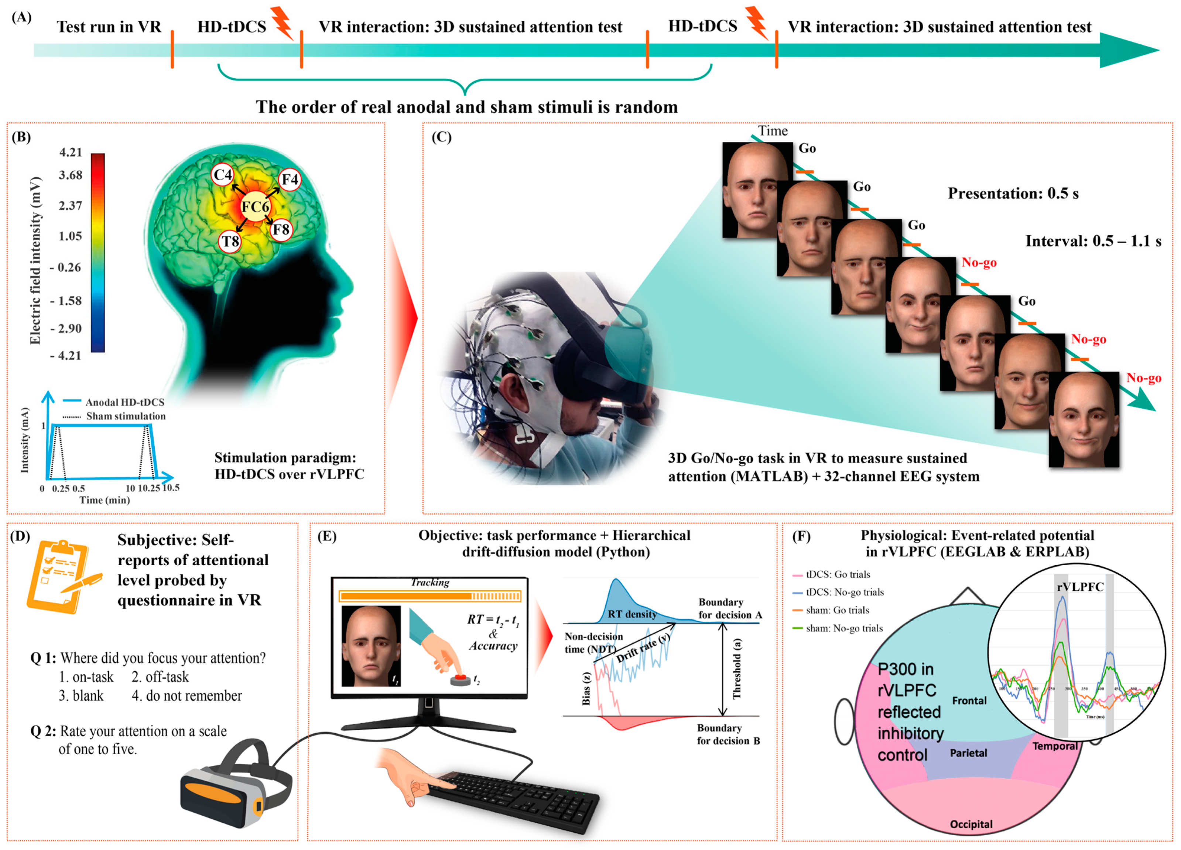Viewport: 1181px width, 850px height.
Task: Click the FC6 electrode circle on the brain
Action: [x=255, y=207]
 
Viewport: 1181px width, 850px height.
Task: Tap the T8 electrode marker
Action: [x=230, y=241]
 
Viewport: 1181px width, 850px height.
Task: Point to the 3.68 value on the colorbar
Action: [x=70, y=175]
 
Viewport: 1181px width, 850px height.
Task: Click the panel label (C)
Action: [x=442, y=137]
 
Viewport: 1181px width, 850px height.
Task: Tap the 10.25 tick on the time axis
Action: [x=149, y=488]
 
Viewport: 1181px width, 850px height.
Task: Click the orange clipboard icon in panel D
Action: [x=61, y=576]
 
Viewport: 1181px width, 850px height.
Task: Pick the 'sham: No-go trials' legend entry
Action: [x=843, y=628]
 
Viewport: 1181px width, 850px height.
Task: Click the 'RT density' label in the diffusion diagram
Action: [x=631, y=614]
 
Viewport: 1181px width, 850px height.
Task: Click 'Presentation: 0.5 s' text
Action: [x=1013, y=194]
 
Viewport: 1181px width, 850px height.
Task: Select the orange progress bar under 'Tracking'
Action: [x=429, y=596]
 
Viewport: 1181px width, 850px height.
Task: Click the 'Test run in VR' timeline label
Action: [x=109, y=27]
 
